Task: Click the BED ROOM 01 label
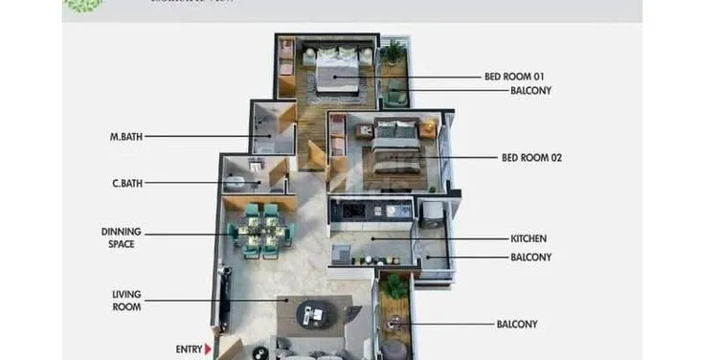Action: coord(515,76)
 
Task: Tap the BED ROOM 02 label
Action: coord(531,158)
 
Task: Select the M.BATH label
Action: coord(125,137)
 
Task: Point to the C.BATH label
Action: coord(126,183)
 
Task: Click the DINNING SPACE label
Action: coord(122,237)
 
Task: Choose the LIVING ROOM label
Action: coord(126,301)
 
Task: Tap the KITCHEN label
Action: coord(528,238)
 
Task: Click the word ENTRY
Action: coord(189,349)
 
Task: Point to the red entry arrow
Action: coord(208,349)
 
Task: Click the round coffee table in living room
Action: coord(310,311)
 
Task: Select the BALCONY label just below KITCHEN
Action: coord(530,257)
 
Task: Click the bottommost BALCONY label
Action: coord(517,325)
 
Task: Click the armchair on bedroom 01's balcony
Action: coord(395,92)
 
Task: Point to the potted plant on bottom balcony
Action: coord(393,286)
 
